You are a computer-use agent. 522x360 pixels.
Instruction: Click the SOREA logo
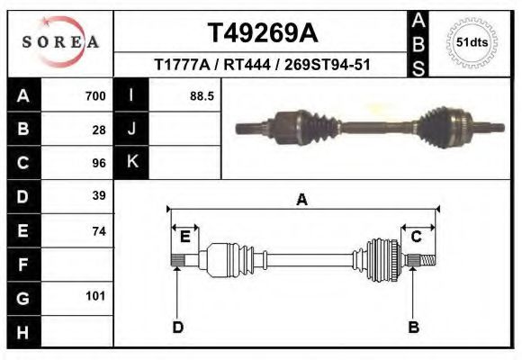coord(59,42)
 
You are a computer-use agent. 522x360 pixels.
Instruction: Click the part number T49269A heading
coord(263,33)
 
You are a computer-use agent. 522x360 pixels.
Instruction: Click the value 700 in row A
coord(94,96)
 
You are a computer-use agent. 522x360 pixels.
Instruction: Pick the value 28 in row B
coord(99,130)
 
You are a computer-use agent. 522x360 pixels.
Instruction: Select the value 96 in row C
coord(99,164)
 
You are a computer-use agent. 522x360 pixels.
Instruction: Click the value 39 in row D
coord(99,195)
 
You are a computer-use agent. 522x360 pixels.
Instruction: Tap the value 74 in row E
coord(99,231)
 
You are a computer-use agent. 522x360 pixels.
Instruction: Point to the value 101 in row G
coord(96,296)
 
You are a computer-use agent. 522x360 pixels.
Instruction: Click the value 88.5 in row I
coord(202,96)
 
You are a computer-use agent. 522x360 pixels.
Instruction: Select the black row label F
coord(23,265)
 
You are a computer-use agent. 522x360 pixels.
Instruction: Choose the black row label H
coord(23,332)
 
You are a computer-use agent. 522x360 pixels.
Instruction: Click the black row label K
coord(131,163)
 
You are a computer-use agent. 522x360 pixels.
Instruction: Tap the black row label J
coord(131,130)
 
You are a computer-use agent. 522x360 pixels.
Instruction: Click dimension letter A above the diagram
coord(302,200)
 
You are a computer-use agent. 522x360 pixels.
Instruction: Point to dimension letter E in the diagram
coord(184,237)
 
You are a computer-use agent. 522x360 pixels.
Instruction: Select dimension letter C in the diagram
coord(417,237)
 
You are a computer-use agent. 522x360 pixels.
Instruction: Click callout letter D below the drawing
coord(177,327)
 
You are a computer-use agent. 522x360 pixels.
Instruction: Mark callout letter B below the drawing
coord(414,327)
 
